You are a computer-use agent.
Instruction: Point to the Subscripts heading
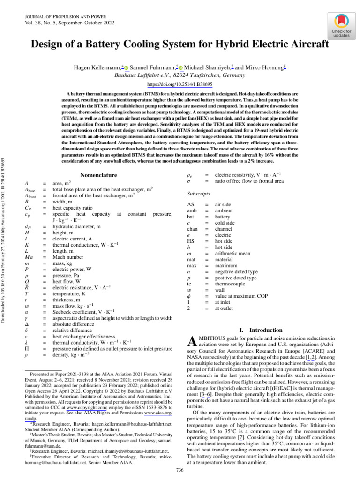coord(198,194)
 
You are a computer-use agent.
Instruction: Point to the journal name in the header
coord(57,16)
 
